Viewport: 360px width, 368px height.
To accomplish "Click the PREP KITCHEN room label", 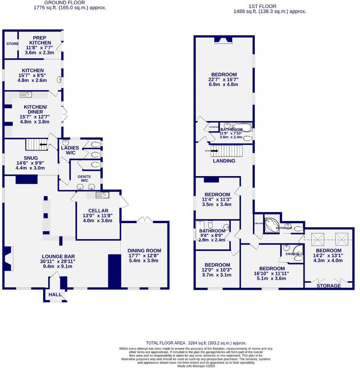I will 40,40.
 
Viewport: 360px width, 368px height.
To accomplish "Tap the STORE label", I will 12,44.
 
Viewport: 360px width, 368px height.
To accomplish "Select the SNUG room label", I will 31,158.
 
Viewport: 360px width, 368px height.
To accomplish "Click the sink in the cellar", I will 102,195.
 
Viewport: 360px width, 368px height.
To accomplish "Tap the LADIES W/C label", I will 70,150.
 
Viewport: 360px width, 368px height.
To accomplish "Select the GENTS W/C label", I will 84,179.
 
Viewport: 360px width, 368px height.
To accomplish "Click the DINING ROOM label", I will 144,250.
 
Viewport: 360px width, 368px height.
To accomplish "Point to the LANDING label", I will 224,161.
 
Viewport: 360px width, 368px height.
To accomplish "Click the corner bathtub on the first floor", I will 270,224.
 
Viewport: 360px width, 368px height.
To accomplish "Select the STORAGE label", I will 328,286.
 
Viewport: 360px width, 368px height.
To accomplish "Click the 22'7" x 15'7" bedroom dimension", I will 224,80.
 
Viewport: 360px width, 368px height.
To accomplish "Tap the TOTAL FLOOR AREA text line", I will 196,343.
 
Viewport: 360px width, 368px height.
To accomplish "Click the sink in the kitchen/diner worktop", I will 26,94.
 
